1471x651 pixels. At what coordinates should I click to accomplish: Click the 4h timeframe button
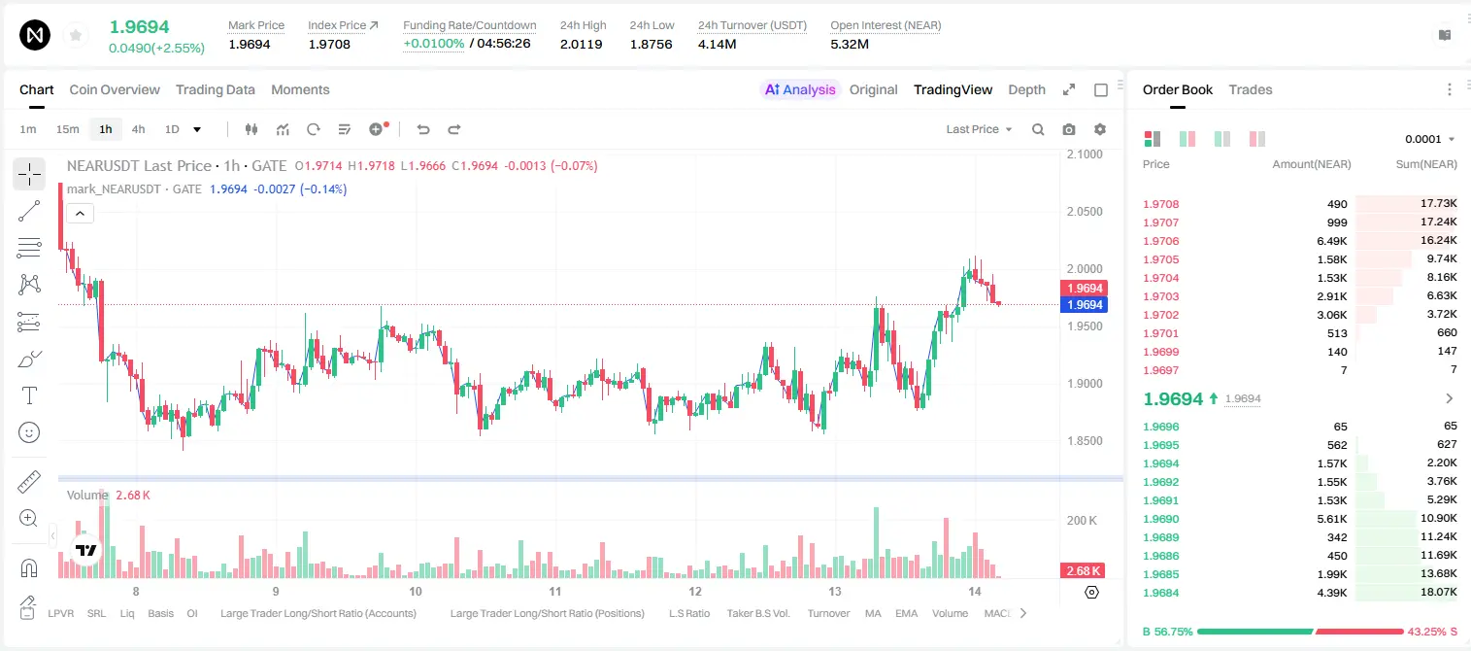138,129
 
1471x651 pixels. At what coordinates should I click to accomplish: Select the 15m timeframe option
67,129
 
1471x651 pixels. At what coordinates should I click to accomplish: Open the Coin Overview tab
115,89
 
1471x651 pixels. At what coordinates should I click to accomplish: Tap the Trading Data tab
216,89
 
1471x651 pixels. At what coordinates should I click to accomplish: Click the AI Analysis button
800,89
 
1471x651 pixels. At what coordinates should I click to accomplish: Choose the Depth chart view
1026,89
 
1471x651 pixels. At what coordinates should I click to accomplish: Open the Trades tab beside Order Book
1251,89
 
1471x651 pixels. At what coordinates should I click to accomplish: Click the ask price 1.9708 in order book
1161,204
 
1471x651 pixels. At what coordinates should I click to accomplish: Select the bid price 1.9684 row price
1161,593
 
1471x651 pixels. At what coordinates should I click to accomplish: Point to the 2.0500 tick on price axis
1085,212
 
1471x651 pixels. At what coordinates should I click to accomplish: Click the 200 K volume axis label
1083,520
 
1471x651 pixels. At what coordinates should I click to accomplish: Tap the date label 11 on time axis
555,591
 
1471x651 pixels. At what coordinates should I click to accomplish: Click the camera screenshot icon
1069,129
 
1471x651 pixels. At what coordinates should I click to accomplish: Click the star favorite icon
76,35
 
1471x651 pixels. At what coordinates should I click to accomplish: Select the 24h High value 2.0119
582,44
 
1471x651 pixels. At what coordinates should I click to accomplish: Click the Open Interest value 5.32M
850,44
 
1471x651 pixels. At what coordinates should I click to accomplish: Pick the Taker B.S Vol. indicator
757,613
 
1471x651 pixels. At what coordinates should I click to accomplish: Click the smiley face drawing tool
29,432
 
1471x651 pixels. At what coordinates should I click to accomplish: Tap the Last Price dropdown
979,129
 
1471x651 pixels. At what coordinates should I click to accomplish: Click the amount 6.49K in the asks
1332,241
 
